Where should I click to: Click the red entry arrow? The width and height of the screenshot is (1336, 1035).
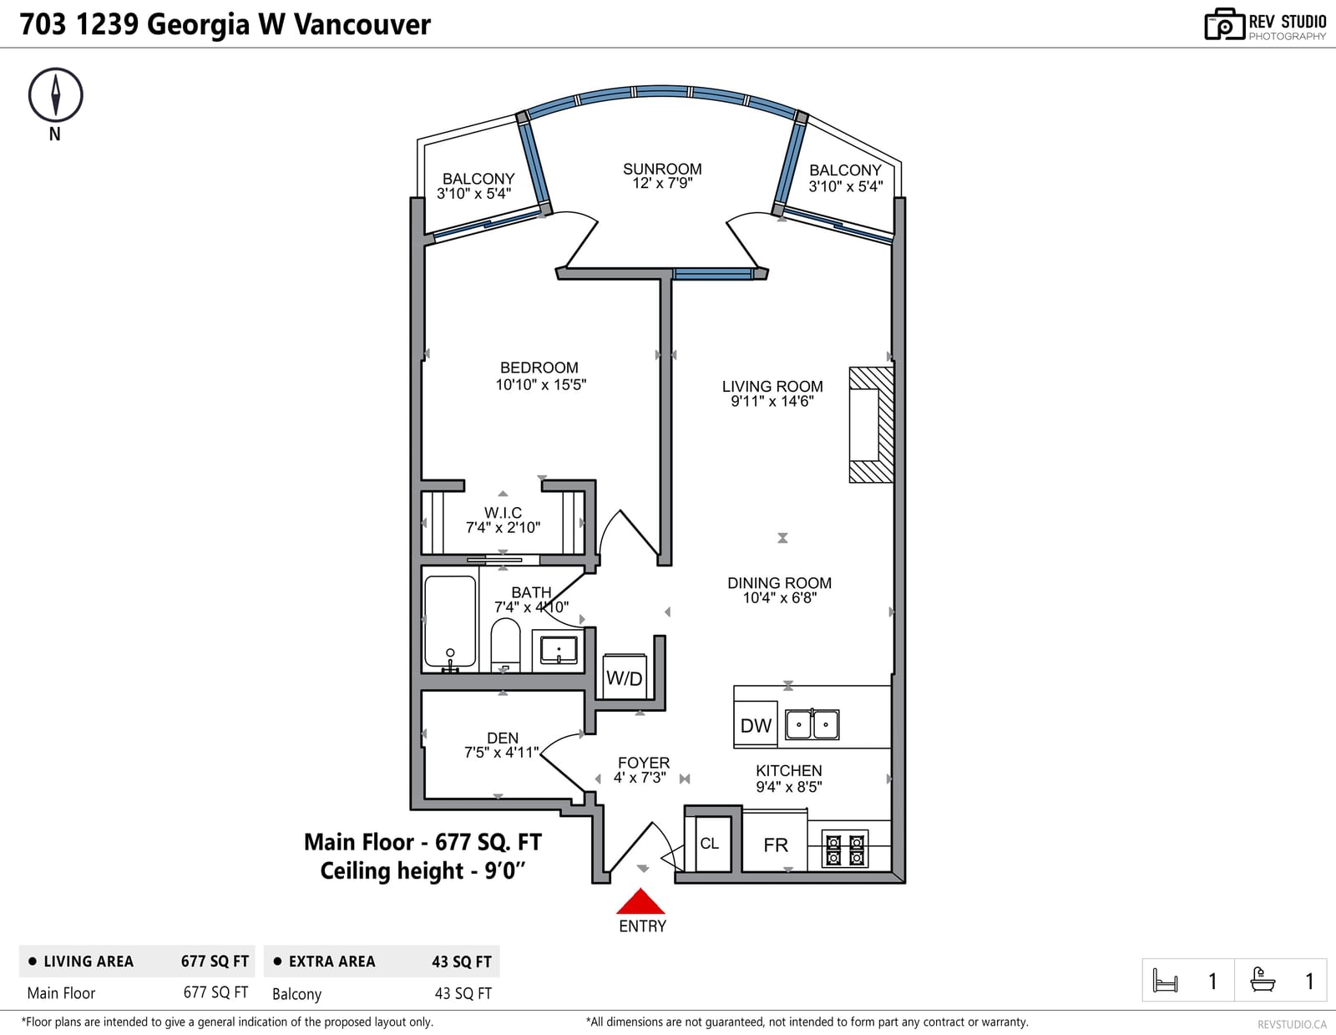coord(640,901)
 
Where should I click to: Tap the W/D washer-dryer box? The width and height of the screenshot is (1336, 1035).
coord(624,676)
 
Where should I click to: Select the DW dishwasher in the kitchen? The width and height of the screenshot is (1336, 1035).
coord(756,724)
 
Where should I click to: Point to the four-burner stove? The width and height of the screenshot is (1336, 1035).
coord(845,850)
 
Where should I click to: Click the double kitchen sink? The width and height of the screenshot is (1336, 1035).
coord(812,724)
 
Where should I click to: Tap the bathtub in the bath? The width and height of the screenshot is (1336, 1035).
coord(450,622)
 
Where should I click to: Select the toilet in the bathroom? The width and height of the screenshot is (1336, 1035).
coord(505,645)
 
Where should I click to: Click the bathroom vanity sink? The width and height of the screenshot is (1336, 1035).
coord(559,649)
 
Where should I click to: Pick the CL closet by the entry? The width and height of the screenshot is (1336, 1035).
coord(709,842)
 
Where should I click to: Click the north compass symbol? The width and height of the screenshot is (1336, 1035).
coord(55,95)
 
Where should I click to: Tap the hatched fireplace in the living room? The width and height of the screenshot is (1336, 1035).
coord(872,424)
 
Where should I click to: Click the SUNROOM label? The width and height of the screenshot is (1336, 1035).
coord(662,169)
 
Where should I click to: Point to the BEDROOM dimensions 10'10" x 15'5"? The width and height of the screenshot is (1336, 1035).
coord(541,384)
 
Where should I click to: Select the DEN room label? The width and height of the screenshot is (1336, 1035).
coord(503,738)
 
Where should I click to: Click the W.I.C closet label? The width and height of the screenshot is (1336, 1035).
coord(503,512)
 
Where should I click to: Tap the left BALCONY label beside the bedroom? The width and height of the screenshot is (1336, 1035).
coord(478,178)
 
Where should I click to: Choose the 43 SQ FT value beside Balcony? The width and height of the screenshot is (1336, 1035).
coord(463,993)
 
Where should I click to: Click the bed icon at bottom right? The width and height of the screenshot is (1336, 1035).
coord(1165,980)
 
